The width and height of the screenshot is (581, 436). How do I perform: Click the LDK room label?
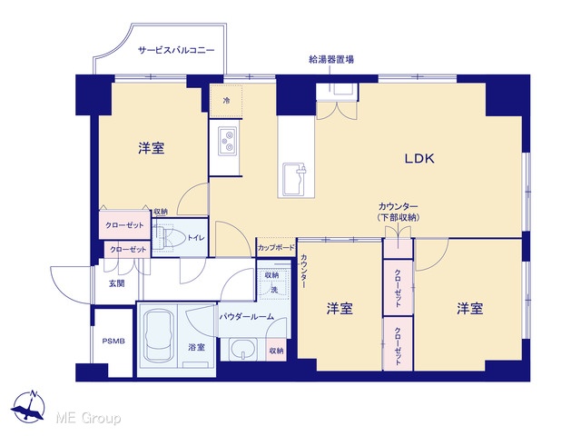[x=419, y=159]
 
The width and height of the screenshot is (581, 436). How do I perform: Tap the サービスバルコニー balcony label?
[x=176, y=50]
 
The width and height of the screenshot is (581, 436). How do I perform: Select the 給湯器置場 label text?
[x=330, y=59]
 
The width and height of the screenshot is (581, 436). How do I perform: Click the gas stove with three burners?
[x=228, y=141]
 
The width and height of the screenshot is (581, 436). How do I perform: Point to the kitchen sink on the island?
[x=295, y=180]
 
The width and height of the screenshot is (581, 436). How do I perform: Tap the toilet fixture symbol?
[x=170, y=236]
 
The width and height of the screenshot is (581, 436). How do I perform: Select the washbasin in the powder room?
[x=242, y=349]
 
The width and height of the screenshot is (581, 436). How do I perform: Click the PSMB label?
[x=113, y=342]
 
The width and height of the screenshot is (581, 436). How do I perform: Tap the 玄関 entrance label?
[x=116, y=283]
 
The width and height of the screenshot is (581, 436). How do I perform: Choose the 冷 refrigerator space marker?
[x=226, y=101]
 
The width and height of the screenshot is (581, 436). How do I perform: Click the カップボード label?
[x=276, y=248]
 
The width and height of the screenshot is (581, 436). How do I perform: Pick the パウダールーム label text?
[x=246, y=317]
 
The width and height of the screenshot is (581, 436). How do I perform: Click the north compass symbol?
[x=28, y=406]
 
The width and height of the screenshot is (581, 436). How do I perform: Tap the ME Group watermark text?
[x=88, y=418]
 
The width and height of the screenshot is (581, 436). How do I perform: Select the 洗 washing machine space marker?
[x=274, y=290]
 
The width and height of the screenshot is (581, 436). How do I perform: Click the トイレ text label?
[x=196, y=238]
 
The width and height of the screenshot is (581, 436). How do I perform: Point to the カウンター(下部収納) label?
[x=399, y=212]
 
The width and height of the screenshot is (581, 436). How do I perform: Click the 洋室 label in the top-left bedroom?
[x=152, y=148]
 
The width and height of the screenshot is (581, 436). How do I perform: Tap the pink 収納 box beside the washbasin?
[x=276, y=350]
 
